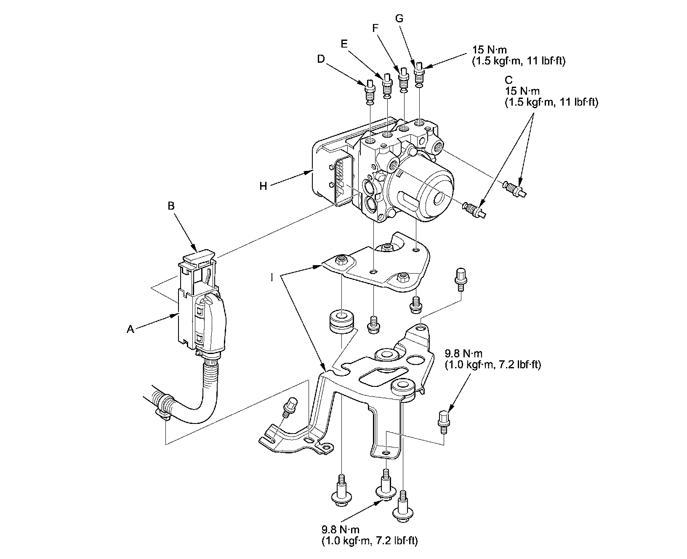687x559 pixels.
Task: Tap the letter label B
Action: click(171, 206)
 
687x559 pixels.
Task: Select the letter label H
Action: click(264, 186)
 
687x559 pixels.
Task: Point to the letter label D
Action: click(321, 60)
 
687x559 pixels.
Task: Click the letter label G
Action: click(399, 18)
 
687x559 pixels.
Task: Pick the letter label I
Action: click(272, 277)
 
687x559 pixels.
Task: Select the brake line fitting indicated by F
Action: click(404, 79)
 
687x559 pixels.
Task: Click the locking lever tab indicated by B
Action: click(199, 256)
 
